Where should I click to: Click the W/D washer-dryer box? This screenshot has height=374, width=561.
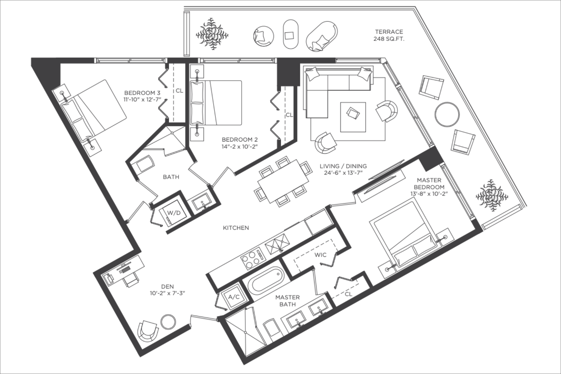[173, 213]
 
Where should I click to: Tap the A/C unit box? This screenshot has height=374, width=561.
[234, 297]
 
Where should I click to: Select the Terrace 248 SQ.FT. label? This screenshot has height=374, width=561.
[389, 35]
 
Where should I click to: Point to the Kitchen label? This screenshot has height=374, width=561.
[236, 228]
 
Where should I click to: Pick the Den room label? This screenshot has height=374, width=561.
[168, 286]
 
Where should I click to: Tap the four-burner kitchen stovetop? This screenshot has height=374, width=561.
[252, 258]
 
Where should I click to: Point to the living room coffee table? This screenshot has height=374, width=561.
[353, 117]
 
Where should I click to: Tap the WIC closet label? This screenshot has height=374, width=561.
[320, 255]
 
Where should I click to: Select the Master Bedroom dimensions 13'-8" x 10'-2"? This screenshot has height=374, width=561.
[429, 194]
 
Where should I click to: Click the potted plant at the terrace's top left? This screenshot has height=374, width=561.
[212, 34]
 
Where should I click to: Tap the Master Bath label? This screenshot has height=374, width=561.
[287, 301]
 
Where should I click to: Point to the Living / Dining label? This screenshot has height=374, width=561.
[343, 166]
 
